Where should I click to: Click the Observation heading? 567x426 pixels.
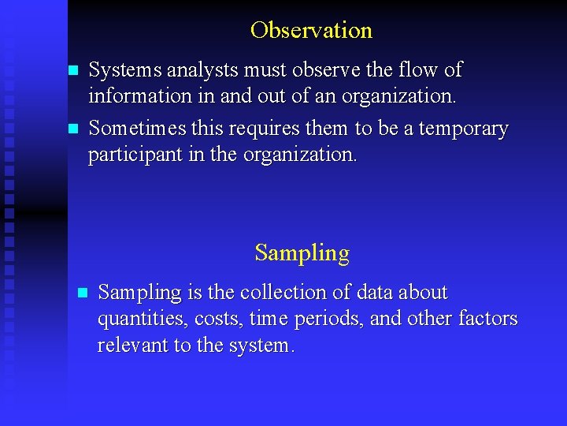[311, 31]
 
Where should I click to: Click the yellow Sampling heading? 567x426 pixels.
[302, 253]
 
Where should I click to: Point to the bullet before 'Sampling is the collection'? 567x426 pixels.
[82, 293]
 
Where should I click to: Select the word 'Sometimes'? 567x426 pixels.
[139, 129]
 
